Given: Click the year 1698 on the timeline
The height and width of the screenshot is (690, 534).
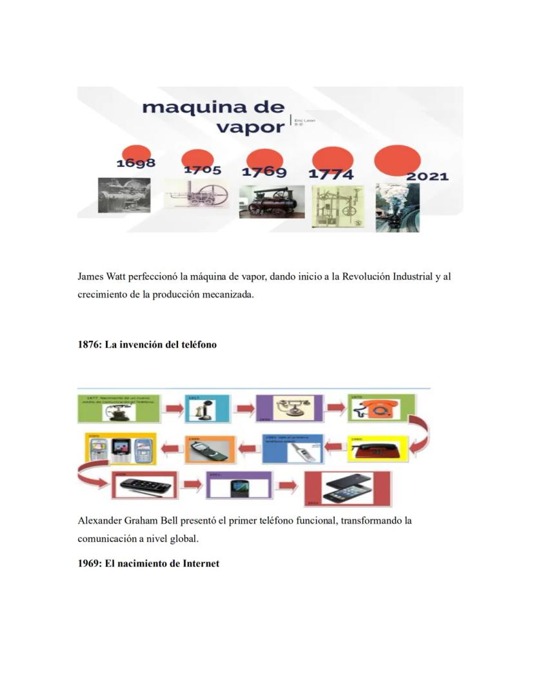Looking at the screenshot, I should click(135, 163).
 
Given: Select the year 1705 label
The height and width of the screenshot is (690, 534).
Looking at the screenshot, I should click(203, 170).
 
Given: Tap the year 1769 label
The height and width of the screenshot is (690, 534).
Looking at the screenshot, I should click(264, 172).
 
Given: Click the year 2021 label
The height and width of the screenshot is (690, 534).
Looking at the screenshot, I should click(427, 177).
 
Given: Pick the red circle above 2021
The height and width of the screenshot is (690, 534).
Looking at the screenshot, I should click(397, 159).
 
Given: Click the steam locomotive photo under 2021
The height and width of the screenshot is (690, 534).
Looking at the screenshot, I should click(397, 207).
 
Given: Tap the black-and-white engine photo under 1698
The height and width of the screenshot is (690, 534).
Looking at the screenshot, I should click(124, 195).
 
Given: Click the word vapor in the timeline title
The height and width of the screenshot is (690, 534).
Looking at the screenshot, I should click(250, 126).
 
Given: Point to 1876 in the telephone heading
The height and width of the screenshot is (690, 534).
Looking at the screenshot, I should click(88, 345).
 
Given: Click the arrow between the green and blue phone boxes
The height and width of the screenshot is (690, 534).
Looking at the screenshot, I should click(172, 408).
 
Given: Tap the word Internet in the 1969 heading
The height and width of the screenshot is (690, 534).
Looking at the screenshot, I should click(197, 564).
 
